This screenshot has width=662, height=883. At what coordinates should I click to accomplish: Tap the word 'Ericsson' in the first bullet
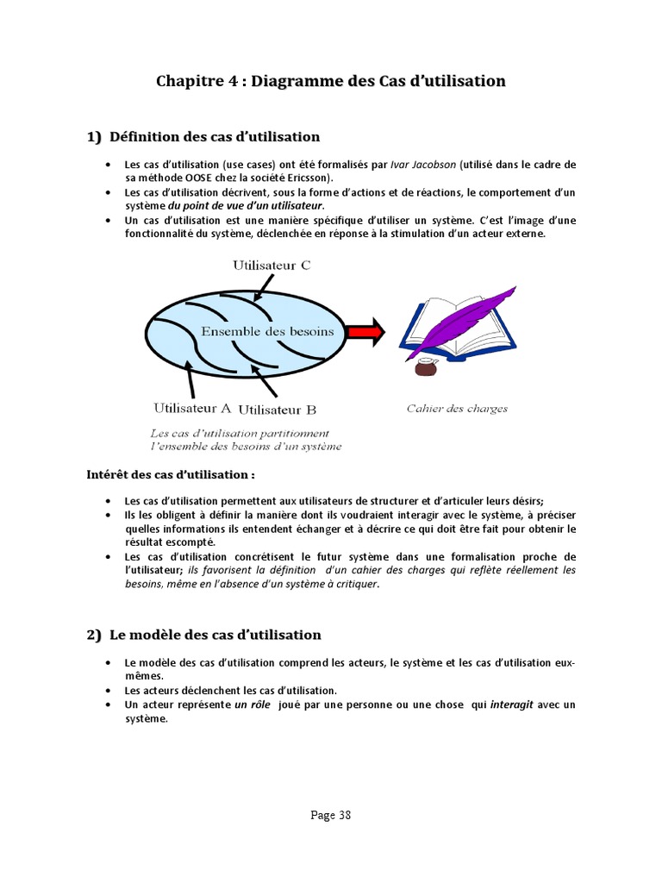click(x=309, y=178)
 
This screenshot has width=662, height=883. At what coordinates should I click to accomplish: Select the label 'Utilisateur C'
click(x=272, y=266)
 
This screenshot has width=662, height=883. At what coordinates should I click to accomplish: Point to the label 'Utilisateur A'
click(x=191, y=408)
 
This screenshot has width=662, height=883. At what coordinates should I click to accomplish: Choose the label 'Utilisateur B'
click(x=277, y=410)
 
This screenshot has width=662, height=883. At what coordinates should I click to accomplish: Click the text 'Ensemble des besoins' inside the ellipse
click(x=267, y=331)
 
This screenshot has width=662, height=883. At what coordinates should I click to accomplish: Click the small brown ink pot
click(x=425, y=368)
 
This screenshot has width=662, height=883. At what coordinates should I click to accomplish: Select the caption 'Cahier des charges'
click(x=457, y=409)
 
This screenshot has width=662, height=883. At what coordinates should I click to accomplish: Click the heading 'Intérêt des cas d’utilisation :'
click(x=171, y=474)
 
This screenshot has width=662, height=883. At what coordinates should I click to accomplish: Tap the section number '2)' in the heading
click(x=94, y=636)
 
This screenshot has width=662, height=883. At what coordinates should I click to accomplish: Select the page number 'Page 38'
click(x=330, y=815)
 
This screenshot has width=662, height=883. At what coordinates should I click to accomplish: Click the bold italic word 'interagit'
click(x=512, y=705)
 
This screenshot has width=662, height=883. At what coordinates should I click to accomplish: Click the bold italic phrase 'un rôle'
click(x=252, y=705)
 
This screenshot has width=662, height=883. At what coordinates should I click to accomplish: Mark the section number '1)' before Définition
click(x=94, y=136)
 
